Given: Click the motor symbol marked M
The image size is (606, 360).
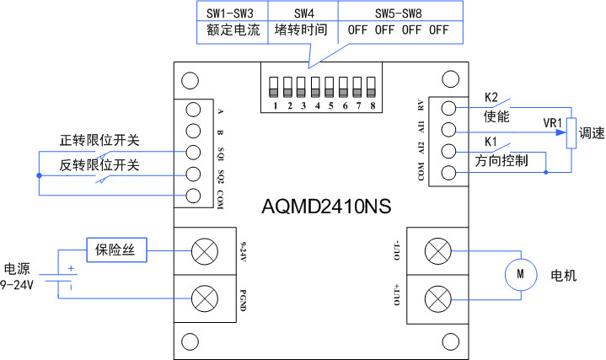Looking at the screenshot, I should coord(519,273).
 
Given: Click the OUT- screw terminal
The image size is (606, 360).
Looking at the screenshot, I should coord(436,250).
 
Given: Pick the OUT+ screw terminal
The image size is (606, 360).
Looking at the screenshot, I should coord(436,298).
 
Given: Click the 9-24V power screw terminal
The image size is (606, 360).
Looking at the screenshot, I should coord(203,250).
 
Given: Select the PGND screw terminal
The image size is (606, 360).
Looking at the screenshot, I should coord(203,298).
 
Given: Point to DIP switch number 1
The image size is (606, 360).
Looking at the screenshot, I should coord(273,87).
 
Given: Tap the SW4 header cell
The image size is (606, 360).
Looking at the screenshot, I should coord(304,13).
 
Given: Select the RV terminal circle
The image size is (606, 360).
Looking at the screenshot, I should coord(449,109).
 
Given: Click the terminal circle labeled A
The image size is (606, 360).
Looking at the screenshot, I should coord(193,110).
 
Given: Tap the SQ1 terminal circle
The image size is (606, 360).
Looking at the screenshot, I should coord(193,153).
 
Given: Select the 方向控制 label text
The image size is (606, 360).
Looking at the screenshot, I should coord(501,159).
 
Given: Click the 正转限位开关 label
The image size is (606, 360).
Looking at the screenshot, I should coord(99,140).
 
